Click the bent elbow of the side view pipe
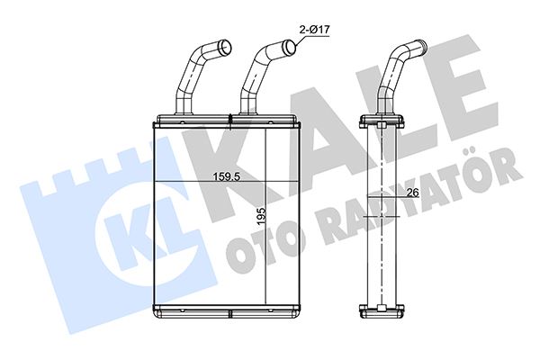pyautogui.click(x=396, y=67)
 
